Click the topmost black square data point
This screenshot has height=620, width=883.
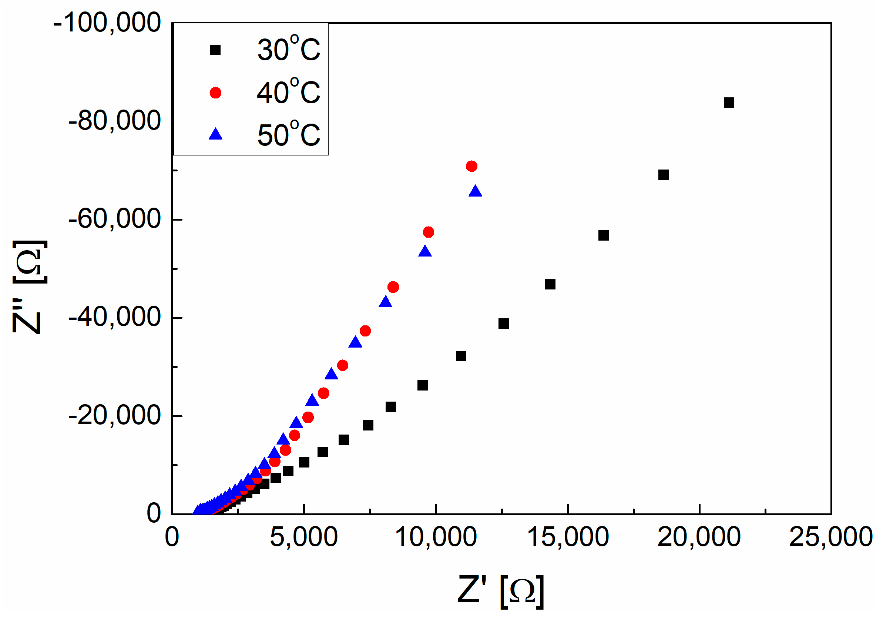728,103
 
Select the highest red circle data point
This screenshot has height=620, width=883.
471,166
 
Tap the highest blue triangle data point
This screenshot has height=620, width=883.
475,191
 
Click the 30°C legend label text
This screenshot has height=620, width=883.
288,49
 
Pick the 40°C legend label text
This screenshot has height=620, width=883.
288,92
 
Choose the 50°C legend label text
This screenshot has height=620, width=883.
288,135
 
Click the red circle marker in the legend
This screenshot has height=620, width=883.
215,93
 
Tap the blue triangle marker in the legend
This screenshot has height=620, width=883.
215,134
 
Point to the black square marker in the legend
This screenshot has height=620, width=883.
215,50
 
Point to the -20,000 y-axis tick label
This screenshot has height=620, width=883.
115,415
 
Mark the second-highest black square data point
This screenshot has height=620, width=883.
664,175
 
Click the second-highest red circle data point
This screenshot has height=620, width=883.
429,232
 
